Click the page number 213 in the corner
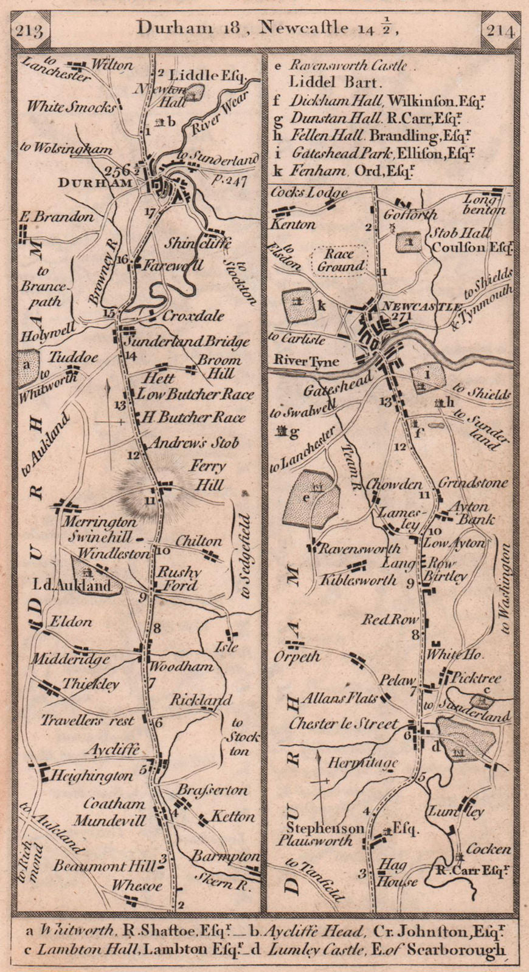point(29,30)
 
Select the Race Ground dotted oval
point(341,259)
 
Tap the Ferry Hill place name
point(207,476)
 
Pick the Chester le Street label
point(344,724)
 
